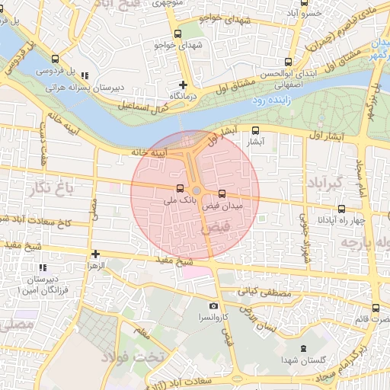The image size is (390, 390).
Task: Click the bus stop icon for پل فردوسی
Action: (x=54, y=59)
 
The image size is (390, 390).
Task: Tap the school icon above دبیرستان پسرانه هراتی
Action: (x=84, y=75)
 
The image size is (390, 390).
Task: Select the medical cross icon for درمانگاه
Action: (x=183, y=85)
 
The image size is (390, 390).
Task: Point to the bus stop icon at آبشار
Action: (x=255, y=129)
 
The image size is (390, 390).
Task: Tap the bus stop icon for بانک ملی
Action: (x=180, y=188)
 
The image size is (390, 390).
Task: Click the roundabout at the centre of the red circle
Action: (x=197, y=190)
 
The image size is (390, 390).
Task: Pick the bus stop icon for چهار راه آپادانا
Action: (x=340, y=208)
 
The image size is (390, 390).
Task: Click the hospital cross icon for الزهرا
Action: (x=95, y=254)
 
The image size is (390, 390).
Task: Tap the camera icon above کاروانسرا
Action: (x=213, y=305)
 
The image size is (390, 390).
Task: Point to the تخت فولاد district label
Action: (x=145, y=356)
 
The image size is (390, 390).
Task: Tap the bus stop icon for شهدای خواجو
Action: (x=178, y=34)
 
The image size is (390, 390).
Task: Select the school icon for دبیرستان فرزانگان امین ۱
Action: (x=42, y=267)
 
